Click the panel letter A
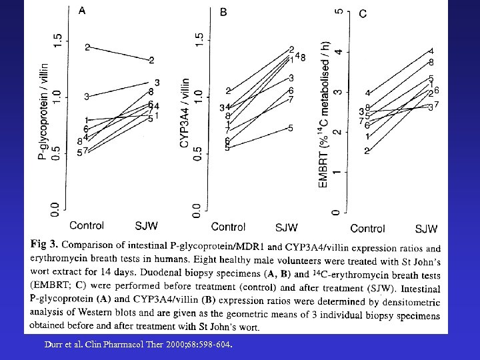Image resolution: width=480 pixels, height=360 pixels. pos(82,10)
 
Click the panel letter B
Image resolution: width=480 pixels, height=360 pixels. pos(223,12)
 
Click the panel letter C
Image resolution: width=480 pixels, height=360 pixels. pos(363,13)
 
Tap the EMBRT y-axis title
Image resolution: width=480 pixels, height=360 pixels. pos(324,114)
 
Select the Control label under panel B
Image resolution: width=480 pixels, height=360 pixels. pos(228,227)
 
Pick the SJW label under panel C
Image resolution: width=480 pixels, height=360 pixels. pos(427,229)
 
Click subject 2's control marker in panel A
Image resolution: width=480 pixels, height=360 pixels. pos(87,47)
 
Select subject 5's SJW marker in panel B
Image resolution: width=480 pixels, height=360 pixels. pos(291,128)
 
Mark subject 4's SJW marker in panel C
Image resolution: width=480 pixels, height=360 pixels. pos(431,51)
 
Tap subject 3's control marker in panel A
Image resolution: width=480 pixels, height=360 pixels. pos(86,97)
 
